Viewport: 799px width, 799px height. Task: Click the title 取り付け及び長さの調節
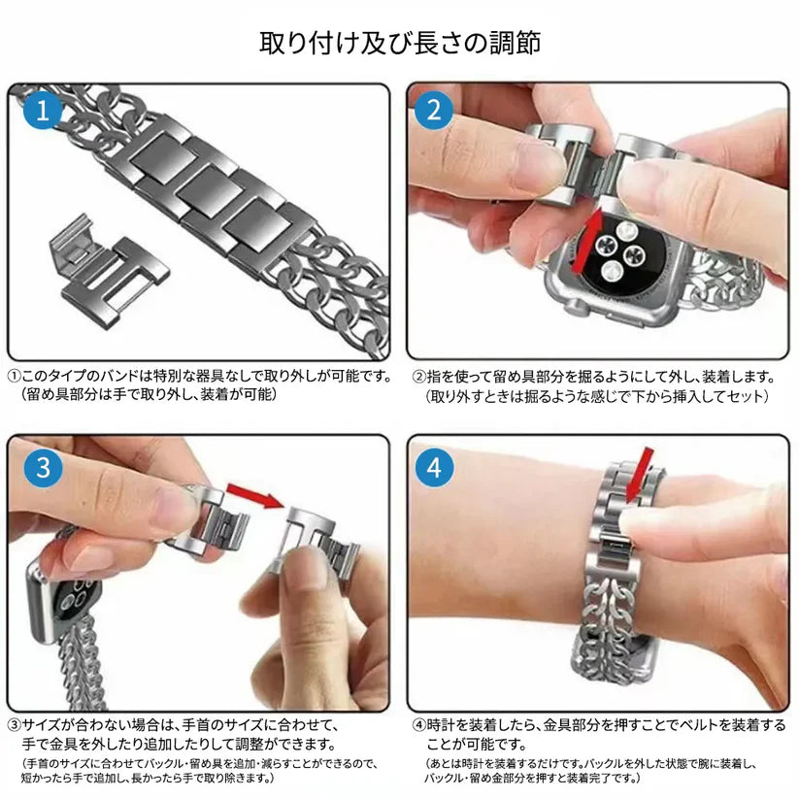399,43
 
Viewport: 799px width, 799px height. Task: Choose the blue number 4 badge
434,468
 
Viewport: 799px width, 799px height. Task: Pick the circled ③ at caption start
15,724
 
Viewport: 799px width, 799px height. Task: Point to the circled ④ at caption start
418,724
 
